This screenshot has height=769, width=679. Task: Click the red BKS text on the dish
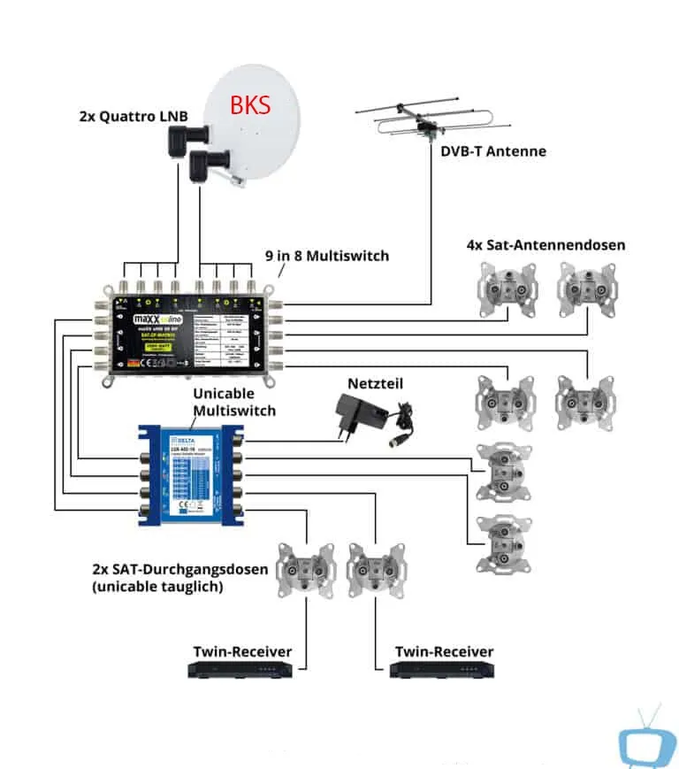pyautogui.click(x=250, y=104)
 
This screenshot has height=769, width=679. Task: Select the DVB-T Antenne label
pyautogui.click(x=493, y=150)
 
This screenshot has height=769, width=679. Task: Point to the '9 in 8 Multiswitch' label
pyautogui.click(x=327, y=256)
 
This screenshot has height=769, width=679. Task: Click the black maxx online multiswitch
pyautogui.click(x=186, y=330)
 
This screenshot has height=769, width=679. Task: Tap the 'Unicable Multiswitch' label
pyautogui.click(x=234, y=401)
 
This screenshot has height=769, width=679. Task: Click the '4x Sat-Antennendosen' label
pyautogui.click(x=545, y=244)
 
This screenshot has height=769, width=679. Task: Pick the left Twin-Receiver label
pyautogui.click(x=242, y=652)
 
